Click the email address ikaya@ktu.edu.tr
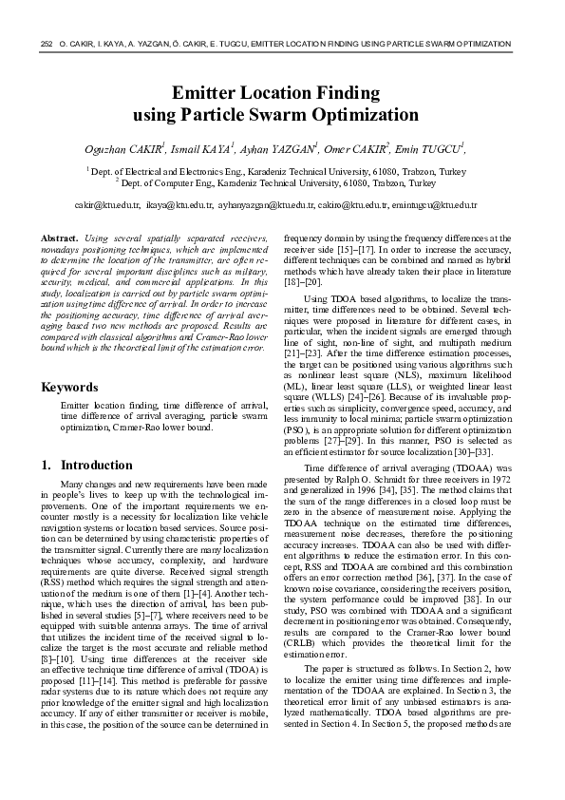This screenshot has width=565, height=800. [x=179, y=205]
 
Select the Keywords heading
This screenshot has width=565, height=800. [x=70, y=388]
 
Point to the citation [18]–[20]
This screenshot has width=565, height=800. [x=303, y=282]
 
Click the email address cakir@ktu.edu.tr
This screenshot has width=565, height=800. [x=106, y=205]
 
